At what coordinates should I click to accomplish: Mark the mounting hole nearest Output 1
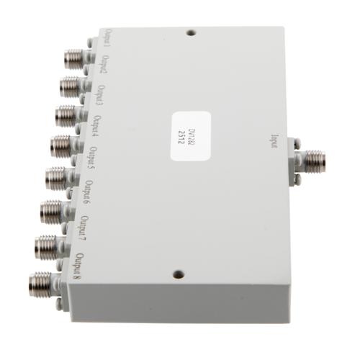click(x=190, y=32)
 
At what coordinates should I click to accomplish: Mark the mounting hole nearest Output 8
click(x=177, y=274)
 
